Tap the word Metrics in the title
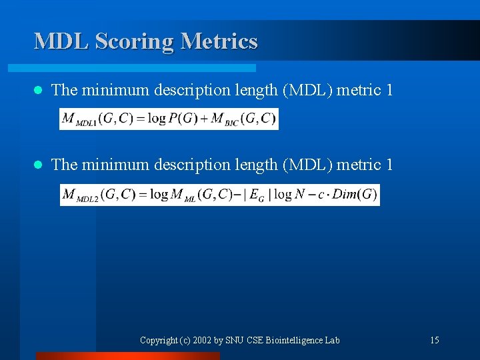[219, 41]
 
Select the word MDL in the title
[62, 41]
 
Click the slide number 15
[434, 341]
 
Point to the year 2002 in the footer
[203, 341]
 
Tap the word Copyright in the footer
[159, 341]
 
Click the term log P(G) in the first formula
[174, 119]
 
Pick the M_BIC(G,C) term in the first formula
[243, 119]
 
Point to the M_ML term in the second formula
[183, 195]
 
